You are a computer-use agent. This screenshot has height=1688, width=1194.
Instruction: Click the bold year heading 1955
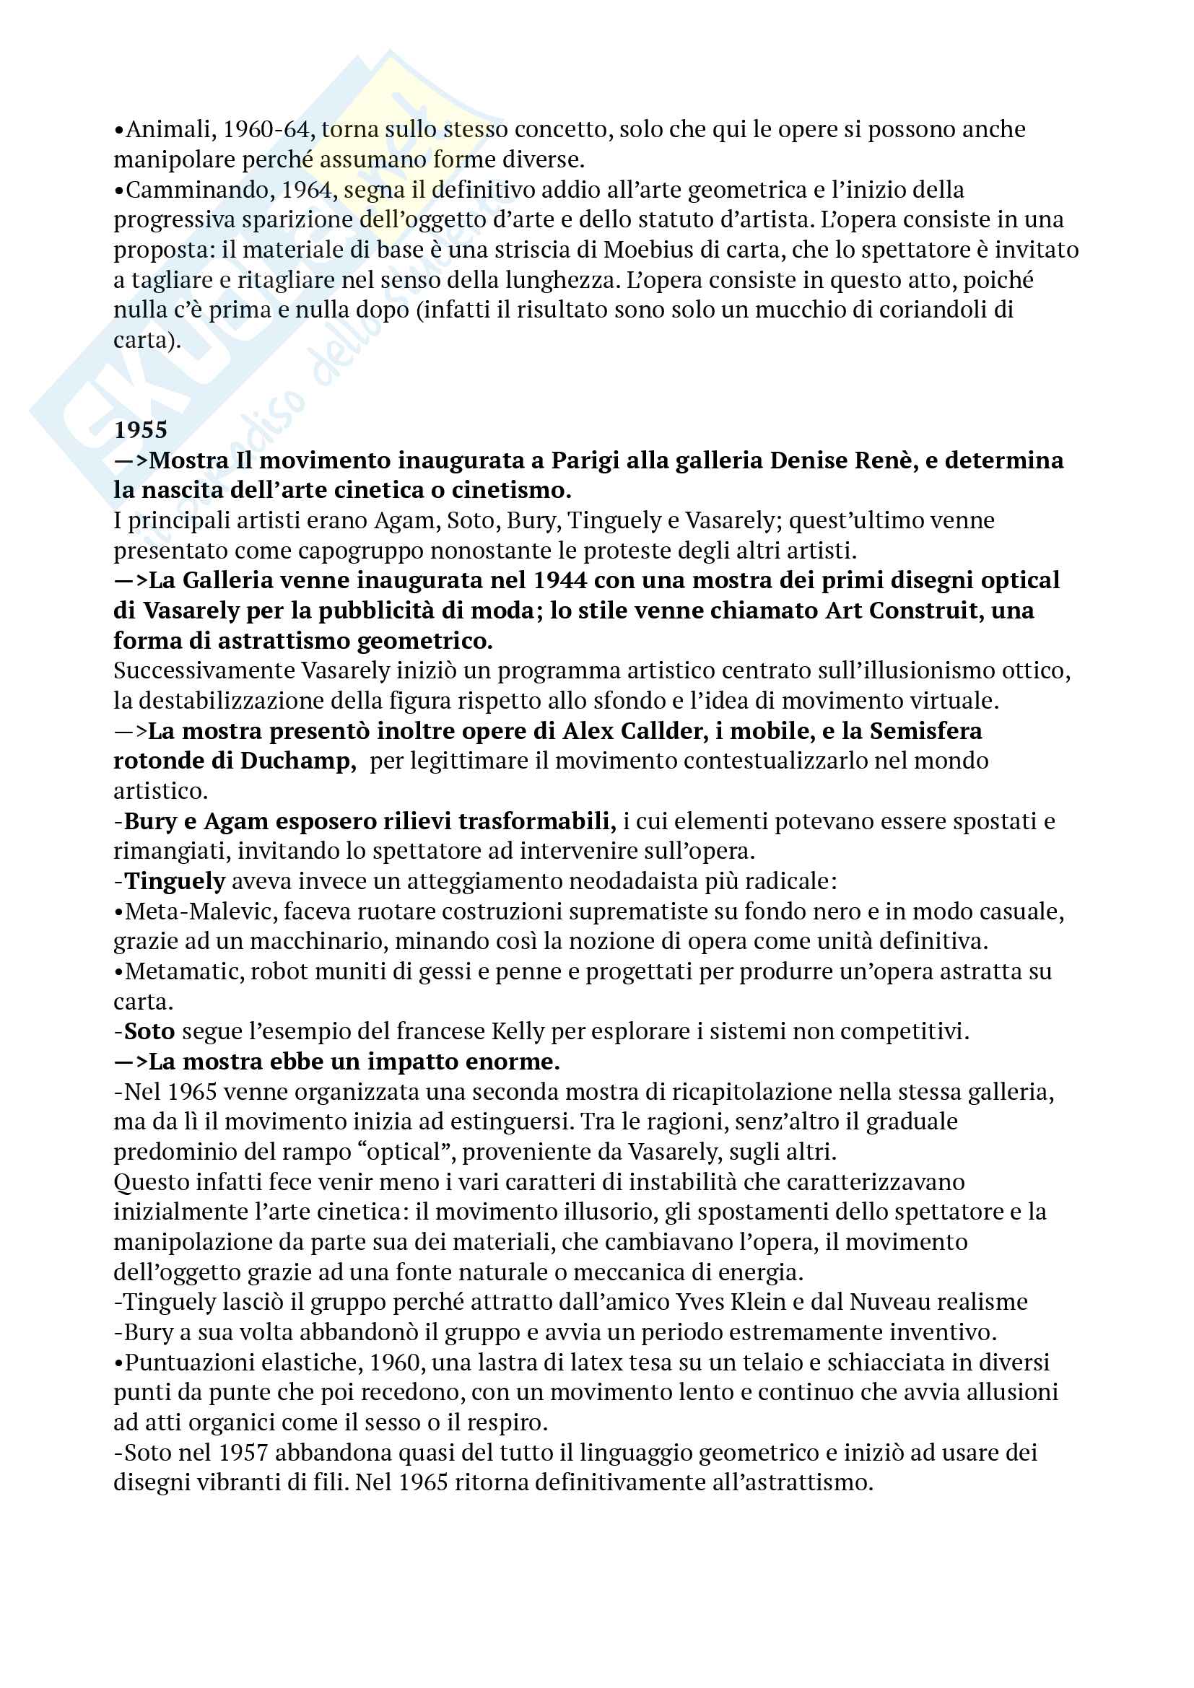tap(141, 430)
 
